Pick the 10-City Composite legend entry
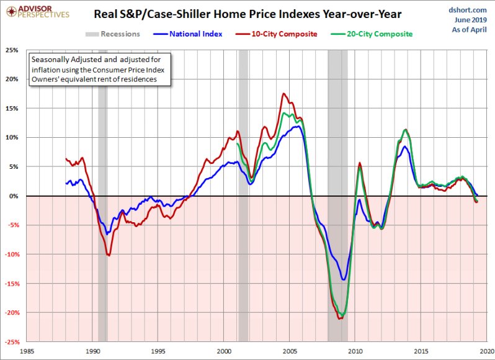point(283,34)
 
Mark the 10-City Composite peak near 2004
point(283,94)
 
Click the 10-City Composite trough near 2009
point(339,318)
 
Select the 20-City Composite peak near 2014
point(405,130)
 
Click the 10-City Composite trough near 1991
point(109,255)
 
